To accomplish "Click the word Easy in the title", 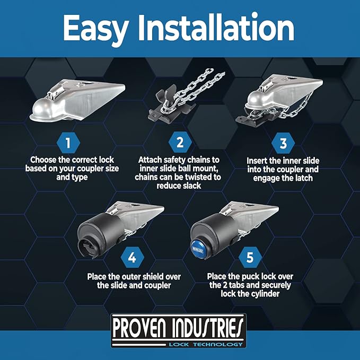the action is [95, 29].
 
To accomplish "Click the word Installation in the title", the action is [216, 27].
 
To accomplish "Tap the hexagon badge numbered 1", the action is [68, 143].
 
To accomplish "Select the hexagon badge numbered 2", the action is [180, 142].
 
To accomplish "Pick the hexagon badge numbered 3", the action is [283, 143].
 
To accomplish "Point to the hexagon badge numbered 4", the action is [132, 257].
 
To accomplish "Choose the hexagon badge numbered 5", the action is [250, 257].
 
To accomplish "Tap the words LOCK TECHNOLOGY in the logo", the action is [206, 345].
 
